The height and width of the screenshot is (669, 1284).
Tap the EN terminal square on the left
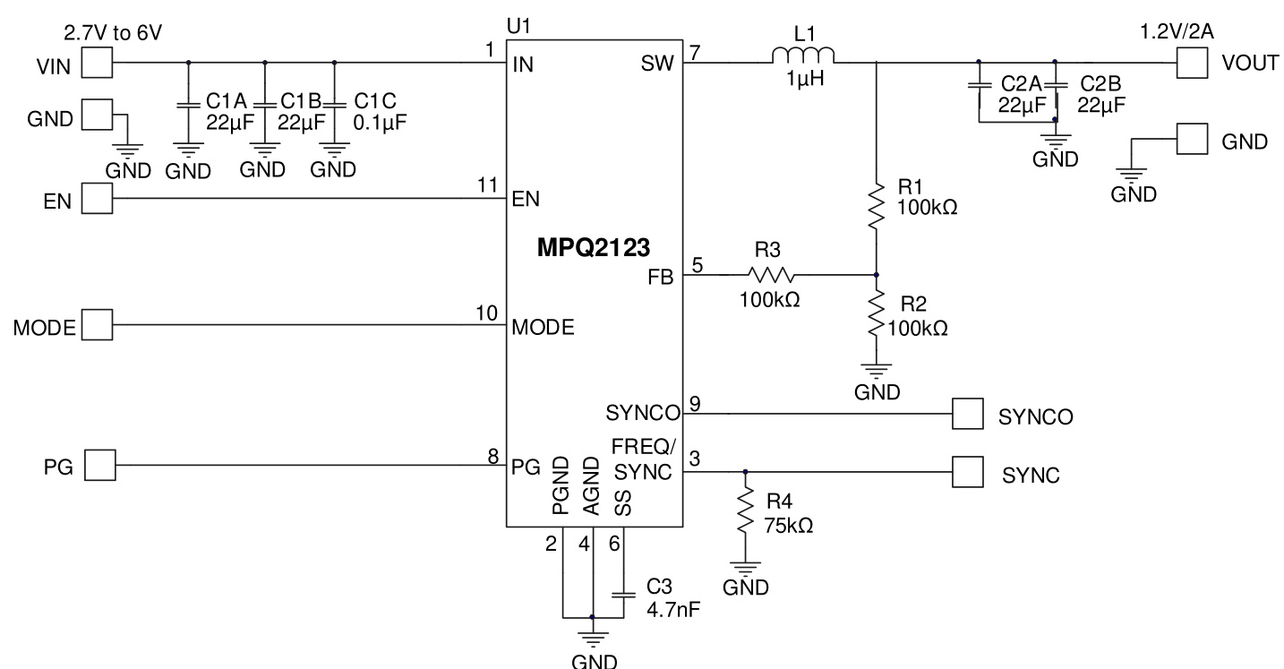(x=98, y=198)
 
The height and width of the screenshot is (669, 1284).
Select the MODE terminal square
(x=98, y=325)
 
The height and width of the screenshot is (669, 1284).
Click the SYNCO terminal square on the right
(x=967, y=415)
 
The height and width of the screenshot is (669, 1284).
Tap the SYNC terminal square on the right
(x=967, y=471)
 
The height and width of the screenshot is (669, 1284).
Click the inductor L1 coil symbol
(x=803, y=57)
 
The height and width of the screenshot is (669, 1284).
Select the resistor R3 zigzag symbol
(x=771, y=275)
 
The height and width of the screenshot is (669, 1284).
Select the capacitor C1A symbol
(x=188, y=104)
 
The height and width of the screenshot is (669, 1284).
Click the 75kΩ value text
(x=787, y=527)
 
